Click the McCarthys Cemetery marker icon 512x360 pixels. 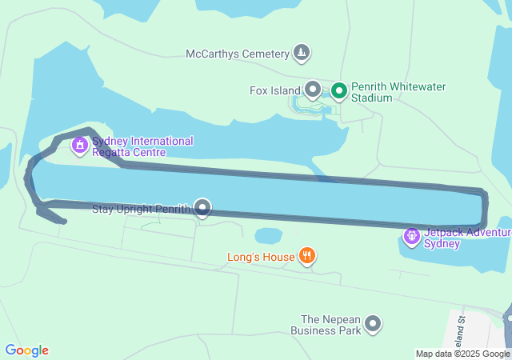point(301,54)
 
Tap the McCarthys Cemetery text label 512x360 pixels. point(237,54)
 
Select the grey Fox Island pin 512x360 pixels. point(313,90)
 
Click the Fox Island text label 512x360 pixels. point(274,90)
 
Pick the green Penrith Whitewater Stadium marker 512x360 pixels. point(338,90)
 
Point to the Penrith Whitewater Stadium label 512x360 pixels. point(398,92)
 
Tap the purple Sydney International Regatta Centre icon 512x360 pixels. point(79,146)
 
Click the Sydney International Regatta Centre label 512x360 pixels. point(142,146)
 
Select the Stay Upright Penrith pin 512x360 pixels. point(202,208)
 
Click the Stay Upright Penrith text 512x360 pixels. point(141,210)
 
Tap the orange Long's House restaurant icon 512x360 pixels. point(306,256)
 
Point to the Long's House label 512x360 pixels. point(261,257)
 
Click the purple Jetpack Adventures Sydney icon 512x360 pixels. point(412,236)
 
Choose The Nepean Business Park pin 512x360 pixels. point(373,324)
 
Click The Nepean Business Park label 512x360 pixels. point(326,324)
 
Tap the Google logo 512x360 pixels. point(27,350)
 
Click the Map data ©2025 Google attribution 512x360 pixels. point(462,354)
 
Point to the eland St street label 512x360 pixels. point(461,330)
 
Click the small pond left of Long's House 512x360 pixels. point(268,236)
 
